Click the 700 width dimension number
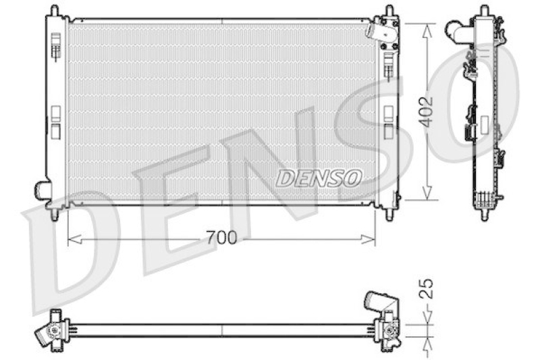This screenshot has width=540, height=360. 221,238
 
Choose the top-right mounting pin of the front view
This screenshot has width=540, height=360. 389,11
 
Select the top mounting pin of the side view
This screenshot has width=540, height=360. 483,11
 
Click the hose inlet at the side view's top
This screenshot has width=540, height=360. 459,30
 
